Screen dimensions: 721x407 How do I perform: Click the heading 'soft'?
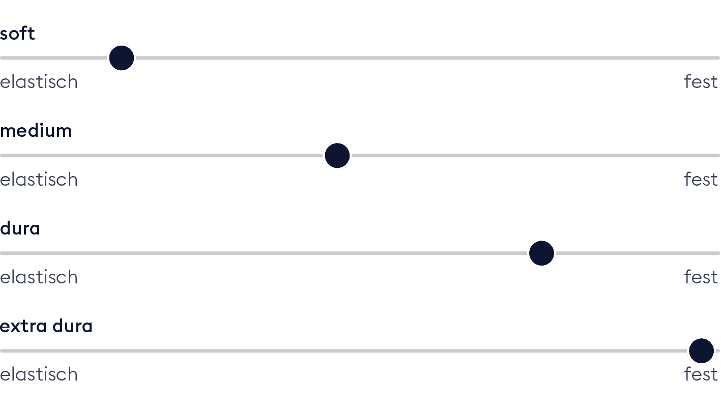pyautogui.click(x=17, y=34)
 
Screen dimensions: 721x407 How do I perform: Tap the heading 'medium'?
pyautogui.click(x=36, y=131)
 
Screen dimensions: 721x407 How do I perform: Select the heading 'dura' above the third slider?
pyautogui.click(x=20, y=228)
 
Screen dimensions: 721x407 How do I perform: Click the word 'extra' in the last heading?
pyautogui.click(x=23, y=327)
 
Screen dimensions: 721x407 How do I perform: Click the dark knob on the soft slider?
pyautogui.click(x=121, y=58)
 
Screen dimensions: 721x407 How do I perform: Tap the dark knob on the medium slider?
pyautogui.click(x=337, y=156)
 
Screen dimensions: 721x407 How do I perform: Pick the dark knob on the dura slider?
pyautogui.click(x=541, y=253)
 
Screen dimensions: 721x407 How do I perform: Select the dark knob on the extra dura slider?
pyautogui.click(x=701, y=351)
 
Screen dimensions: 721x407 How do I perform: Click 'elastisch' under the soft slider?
pyautogui.click(x=39, y=82)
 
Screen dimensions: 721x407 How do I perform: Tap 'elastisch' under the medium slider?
pyautogui.click(x=39, y=180)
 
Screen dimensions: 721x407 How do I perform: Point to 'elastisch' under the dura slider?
pyautogui.click(x=39, y=277)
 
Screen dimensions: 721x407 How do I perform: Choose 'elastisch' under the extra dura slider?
pyautogui.click(x=39, y=374)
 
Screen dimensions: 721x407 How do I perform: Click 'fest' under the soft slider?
pyautogui.click(x=701, y=82)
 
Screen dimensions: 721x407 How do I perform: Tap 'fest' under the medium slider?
pyautogui.click(x=701, y=180)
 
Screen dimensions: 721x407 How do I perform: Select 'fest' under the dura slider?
pyautogui.click(x=701, y=277)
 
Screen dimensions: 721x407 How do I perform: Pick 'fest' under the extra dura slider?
pyautogui.click(x=701, y=374)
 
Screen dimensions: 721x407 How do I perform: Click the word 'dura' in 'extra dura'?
pyautogui.click(x=72, y=326)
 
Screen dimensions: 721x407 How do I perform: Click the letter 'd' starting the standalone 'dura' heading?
pyautogui.click(x=6, y=228)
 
